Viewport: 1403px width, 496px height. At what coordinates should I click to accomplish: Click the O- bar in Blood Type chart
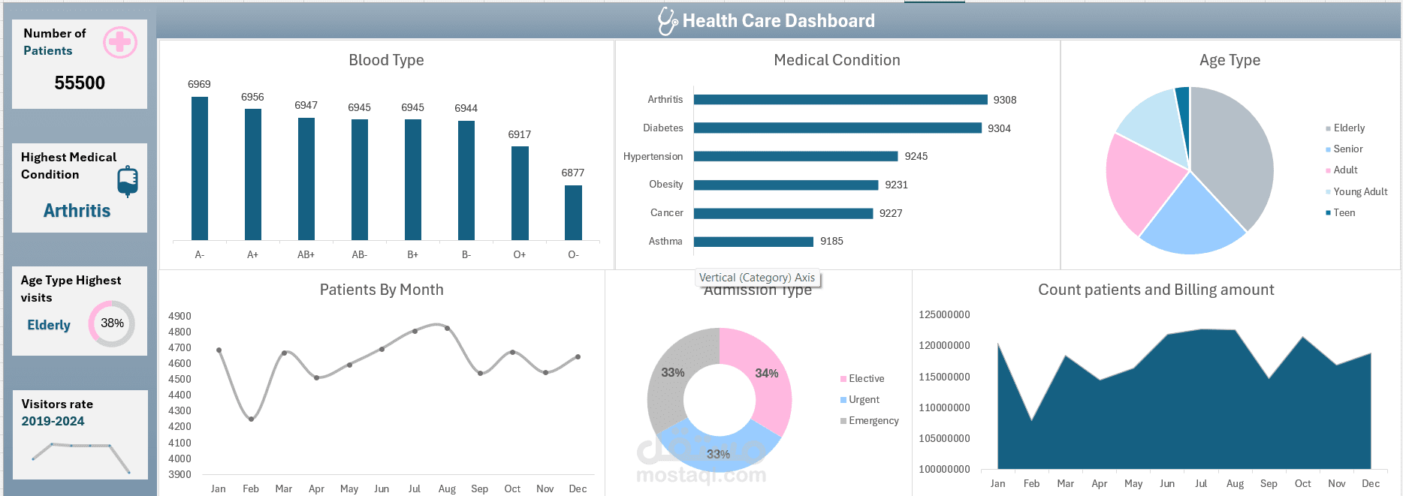[573, 212]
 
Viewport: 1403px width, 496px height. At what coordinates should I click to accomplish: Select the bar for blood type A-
[200, 169]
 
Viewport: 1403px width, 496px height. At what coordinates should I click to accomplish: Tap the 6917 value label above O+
[520, 134]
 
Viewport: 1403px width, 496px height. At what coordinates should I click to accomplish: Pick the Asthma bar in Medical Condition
[753, 242]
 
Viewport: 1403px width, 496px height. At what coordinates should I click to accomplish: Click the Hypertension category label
[653, 156]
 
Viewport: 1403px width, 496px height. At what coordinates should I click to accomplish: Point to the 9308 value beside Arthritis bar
[1005, 100]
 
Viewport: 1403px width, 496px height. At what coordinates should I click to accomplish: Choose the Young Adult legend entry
[1360, 191]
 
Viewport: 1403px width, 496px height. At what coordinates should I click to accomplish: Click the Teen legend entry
[1344, 212]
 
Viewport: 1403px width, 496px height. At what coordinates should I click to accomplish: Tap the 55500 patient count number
[80, 83]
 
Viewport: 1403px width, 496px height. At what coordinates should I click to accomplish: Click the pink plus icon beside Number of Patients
[120, 43]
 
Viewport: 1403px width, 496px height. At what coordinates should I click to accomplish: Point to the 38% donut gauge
[112, 323]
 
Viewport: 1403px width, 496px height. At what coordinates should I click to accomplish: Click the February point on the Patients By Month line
[251, 419]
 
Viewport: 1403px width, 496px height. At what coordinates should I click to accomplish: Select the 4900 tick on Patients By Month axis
[180, 316]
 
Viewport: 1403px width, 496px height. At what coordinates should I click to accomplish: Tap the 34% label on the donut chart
[767, 373]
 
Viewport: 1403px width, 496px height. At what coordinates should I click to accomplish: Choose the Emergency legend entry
[873, 420]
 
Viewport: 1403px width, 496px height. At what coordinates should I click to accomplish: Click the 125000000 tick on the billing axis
[944, 314]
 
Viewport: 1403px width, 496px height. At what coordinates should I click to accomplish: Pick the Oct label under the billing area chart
[1303, 483]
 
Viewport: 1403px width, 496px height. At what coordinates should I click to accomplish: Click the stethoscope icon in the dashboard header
[667, 21]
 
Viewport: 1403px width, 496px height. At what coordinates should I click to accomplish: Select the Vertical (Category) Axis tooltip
[757, 278]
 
